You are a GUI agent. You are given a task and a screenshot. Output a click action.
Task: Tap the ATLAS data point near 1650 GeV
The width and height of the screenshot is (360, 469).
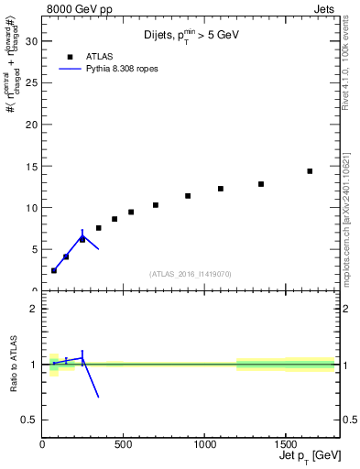coord(310,171)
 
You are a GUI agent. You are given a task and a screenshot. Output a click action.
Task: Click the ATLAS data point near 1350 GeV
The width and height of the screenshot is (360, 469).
coord(261,184)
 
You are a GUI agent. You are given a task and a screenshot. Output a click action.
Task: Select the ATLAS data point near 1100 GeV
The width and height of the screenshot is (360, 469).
coord(221,189)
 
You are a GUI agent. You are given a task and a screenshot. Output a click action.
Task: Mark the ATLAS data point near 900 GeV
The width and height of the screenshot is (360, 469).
coord(188,196)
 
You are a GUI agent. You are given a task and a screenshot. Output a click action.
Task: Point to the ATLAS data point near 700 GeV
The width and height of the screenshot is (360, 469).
coord(156,205)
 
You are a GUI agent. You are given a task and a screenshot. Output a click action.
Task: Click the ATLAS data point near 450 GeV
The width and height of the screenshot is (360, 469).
coord(115,219)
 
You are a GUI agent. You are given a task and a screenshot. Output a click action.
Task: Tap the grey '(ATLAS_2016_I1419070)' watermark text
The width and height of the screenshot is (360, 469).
coord(191,273)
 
